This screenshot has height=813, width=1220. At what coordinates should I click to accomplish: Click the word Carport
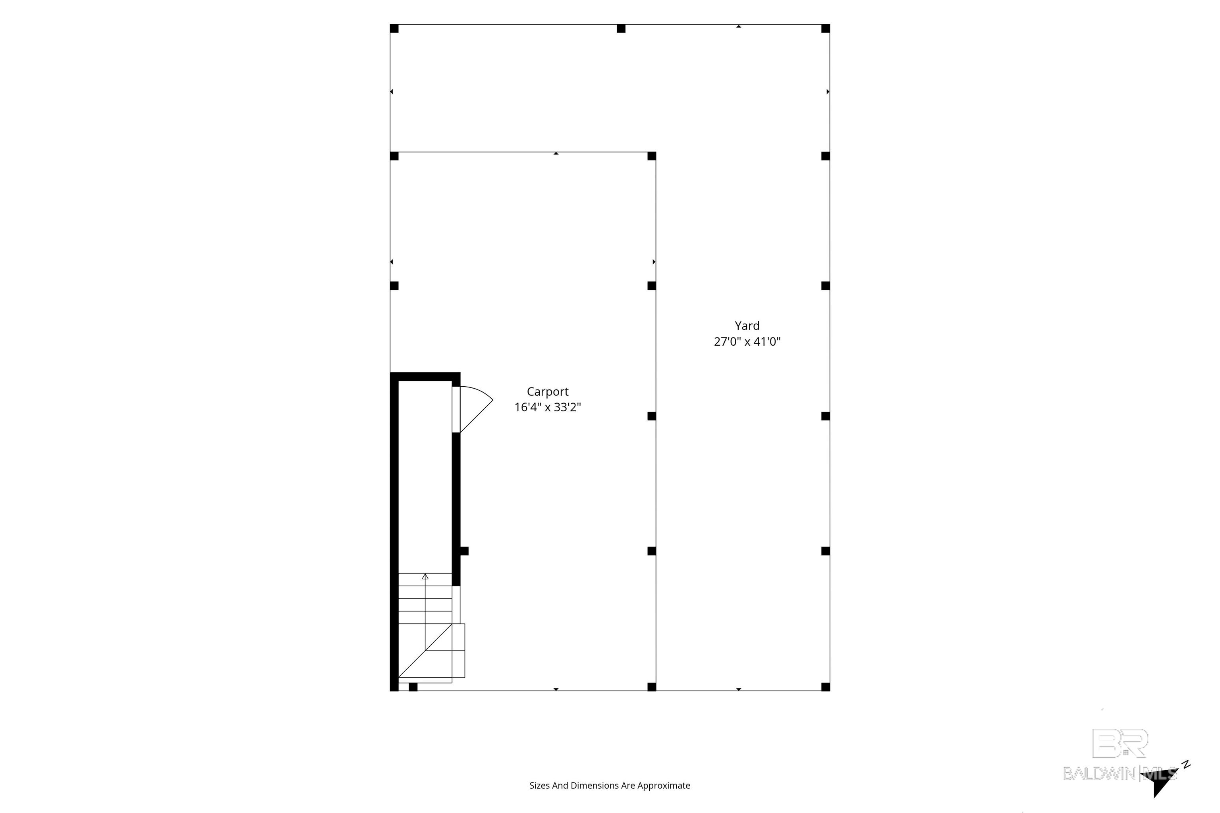click(x=547, y=392)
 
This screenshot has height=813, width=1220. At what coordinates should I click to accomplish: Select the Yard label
click(x=747, y=326)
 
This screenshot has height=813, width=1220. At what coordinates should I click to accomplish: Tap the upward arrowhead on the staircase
click(x=425, y=576)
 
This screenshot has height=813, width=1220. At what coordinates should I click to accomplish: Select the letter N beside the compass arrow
click(x=1186, y=764)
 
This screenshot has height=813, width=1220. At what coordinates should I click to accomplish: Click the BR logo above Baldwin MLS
click(x=1120, y=743)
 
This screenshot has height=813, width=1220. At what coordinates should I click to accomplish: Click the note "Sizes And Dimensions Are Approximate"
click(x=610, y=786)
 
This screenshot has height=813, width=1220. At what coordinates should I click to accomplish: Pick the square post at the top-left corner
click(x=394, y=29)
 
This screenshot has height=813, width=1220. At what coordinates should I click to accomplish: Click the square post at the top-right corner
click(x=826, y=29)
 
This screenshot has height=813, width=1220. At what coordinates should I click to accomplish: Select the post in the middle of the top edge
click(x=621, y=29)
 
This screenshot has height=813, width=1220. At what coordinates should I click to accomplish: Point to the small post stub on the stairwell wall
click(x=464, y=551)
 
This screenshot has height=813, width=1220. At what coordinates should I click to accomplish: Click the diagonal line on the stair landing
click(x=425, y=651)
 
